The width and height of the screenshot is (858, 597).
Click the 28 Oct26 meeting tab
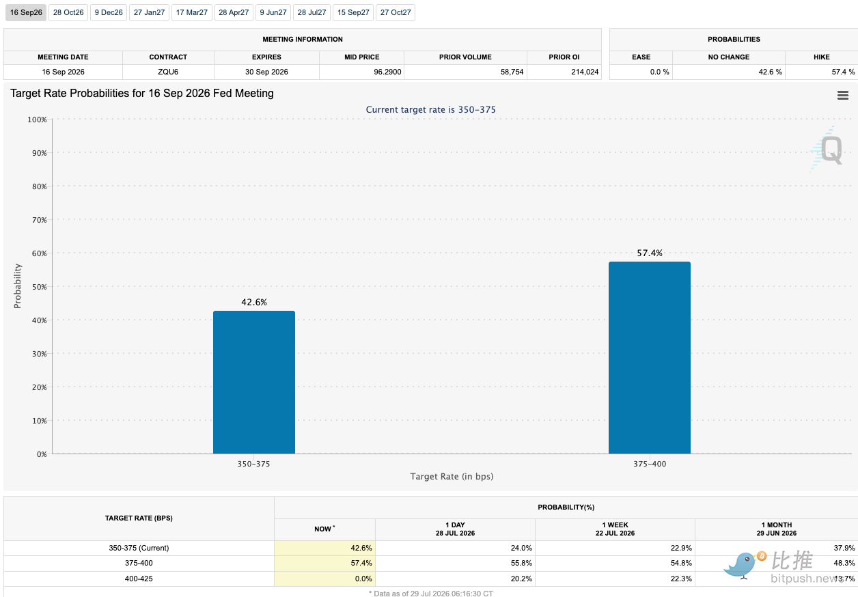click(x=68, y=13)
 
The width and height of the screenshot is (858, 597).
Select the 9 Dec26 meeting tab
click(x=109, y=13)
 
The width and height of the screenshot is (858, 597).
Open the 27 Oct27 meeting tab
click(x=396, y=13)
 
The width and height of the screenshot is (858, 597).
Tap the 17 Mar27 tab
click(x=191, y=13)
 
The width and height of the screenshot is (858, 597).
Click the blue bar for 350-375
click(x=254, y=382)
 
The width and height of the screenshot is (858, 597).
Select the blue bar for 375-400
click(x=650, y=358)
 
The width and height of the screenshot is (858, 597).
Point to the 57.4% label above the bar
click(x=650, y=253)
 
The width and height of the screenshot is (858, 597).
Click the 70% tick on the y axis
click(x=39, y=220)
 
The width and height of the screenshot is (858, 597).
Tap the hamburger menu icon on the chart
click(x=843, y=95)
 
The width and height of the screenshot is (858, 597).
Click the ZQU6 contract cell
click(x=168, y=72)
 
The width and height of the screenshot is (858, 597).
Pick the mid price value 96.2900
click(x=387, y=72)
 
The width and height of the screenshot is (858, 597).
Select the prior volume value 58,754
click(x=512, y=72)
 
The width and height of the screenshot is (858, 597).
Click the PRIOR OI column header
click(x=564, y=57)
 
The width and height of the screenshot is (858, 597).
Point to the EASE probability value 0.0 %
click(x=659, y=72)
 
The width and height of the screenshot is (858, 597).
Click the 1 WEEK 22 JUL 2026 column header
click(x=615, y=529)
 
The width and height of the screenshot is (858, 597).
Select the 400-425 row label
click(x=139, y=579)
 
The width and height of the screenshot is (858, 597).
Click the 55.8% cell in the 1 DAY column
click(x=521, y=563)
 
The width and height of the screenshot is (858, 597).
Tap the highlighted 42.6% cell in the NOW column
click(x=324, y=548)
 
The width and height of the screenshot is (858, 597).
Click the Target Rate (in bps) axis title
click(x=452, y=476)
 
